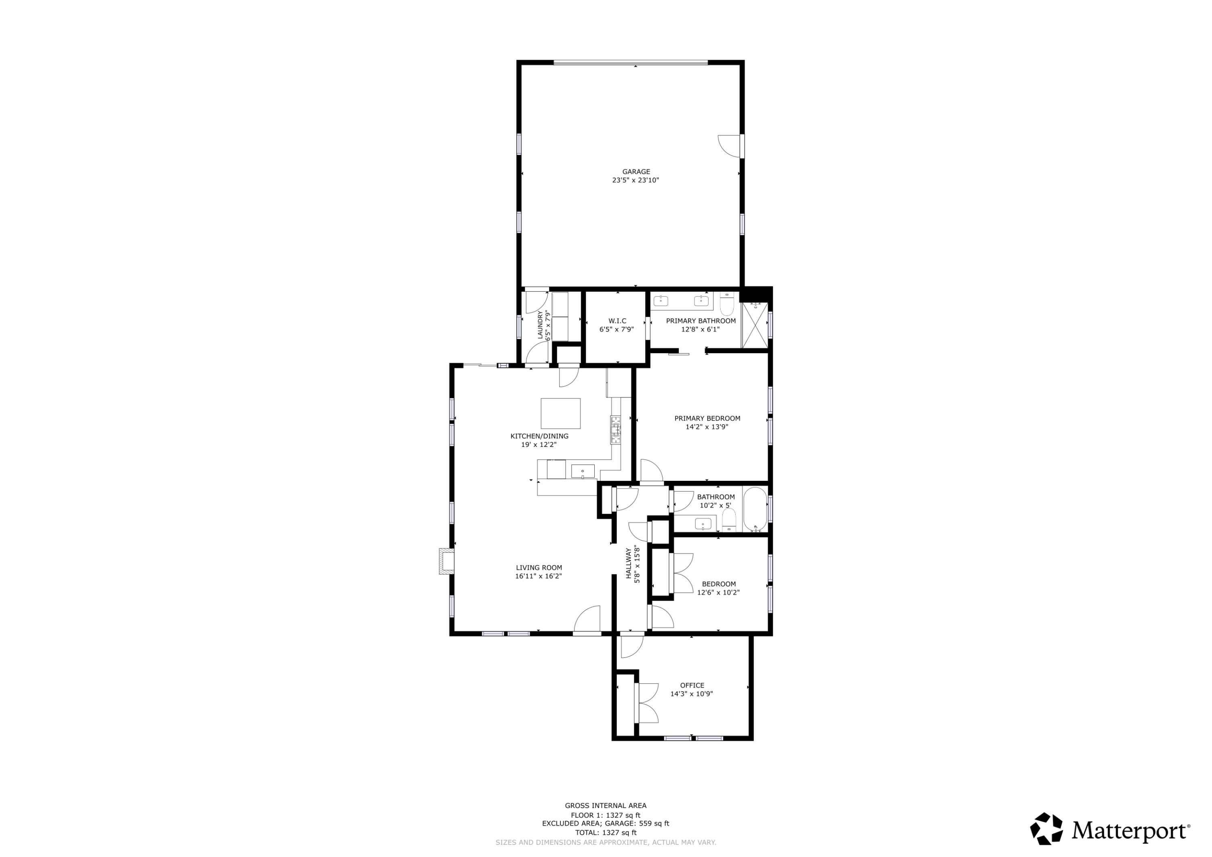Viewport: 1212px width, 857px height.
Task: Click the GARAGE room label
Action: (635, 172)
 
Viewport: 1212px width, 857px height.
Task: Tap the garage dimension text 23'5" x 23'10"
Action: (635, 180)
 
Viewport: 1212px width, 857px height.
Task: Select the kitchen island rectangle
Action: (561, 413)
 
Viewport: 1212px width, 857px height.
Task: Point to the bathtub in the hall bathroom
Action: (755, 510)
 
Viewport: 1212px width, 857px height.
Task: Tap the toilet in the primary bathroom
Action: (727, 305)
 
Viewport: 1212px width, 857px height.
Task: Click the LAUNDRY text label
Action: (541, 325)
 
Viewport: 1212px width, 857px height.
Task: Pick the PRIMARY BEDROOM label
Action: (707, 418)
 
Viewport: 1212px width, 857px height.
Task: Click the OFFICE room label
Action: (692, 685)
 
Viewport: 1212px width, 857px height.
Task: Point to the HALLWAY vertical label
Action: (629, 563)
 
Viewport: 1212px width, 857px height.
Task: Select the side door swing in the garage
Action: (730, 146)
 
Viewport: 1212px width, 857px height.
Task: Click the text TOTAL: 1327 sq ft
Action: (606, 833)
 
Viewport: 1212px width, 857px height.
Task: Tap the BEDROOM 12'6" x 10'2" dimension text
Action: (718, 592)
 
